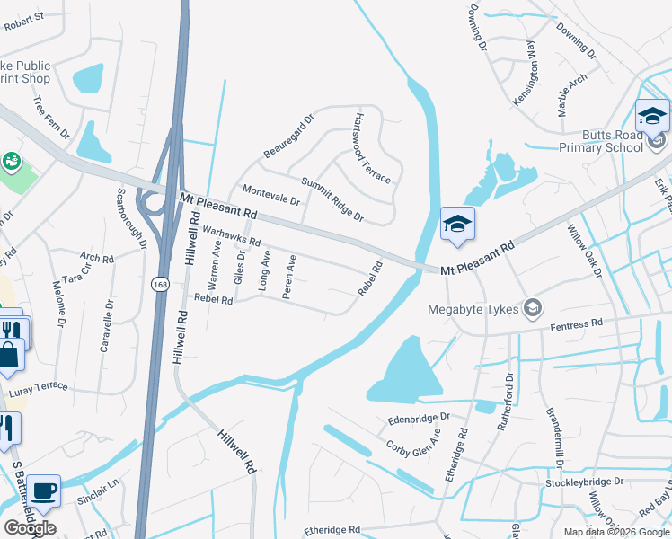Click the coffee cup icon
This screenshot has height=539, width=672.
point(43,491)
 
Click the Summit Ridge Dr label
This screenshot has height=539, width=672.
point(332,199)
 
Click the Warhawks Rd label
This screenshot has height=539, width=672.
point(231,236)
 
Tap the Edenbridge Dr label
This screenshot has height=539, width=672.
point(418,418)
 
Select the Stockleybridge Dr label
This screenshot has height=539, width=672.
point(584,482)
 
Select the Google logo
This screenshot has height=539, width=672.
point(30,527)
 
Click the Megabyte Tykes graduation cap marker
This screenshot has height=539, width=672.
point(533,309)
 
